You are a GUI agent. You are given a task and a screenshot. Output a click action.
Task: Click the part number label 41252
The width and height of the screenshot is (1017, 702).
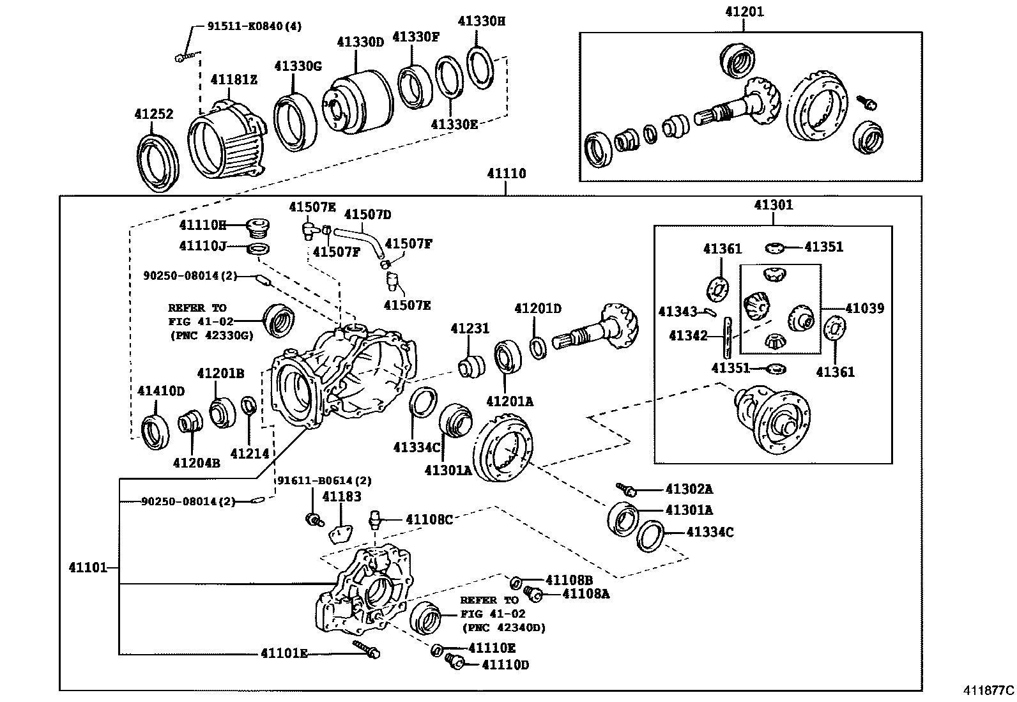(153, 114)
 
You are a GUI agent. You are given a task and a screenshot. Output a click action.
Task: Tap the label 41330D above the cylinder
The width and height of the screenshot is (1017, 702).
(360, 42)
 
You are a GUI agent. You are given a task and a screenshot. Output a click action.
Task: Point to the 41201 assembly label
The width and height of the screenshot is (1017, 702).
(744, 11)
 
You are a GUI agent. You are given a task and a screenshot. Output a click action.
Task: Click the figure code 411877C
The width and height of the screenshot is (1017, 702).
(989, 691)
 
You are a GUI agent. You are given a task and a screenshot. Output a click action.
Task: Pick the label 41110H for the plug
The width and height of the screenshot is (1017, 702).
(203, 225)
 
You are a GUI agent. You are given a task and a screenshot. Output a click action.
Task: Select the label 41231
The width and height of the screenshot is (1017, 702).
(470, 328)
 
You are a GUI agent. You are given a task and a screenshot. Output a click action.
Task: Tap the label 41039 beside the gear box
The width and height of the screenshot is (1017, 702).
(864, 309)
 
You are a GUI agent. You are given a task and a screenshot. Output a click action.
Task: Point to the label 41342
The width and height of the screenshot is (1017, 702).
(688, 335)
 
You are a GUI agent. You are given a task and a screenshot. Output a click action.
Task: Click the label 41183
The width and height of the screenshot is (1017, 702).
(342, 496)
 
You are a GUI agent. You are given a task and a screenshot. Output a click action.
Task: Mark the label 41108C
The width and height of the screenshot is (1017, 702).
(429, 520)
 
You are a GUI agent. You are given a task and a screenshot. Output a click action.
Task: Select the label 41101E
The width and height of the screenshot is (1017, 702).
(284, 653)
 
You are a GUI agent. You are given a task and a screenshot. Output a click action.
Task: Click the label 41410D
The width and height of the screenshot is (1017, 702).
(161, 390)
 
